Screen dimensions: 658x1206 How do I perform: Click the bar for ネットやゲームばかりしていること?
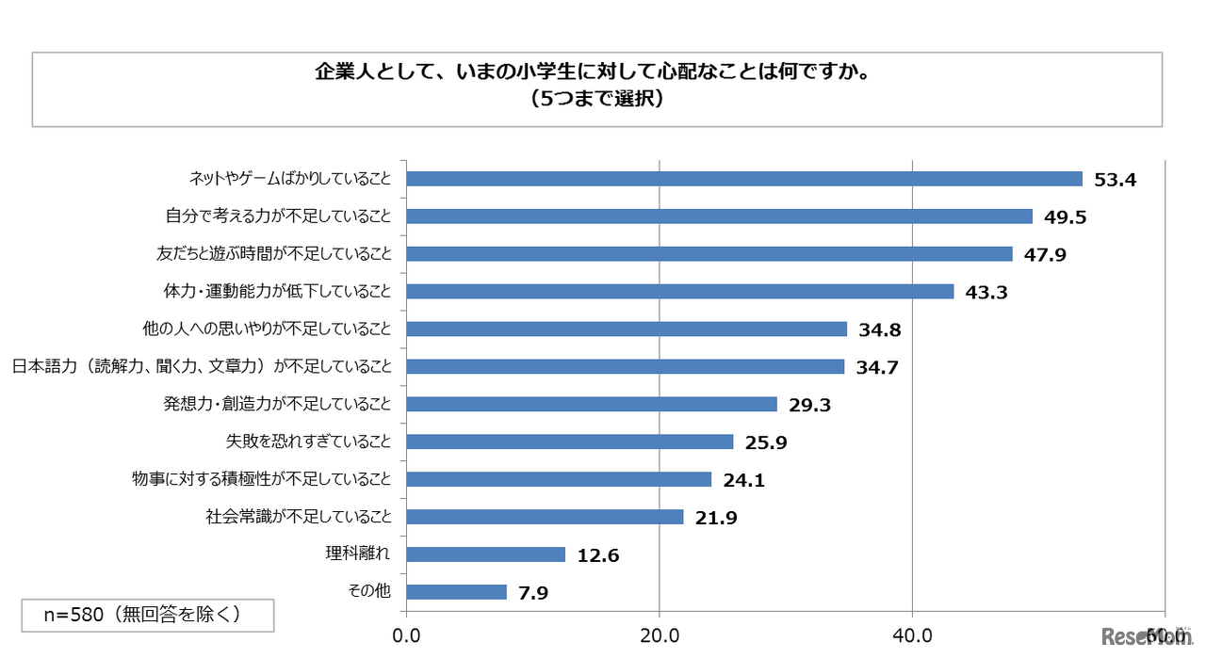tap(744, 179)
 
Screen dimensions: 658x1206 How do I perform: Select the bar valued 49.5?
tap(720, 217)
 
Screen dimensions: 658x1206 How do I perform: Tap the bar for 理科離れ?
tap(486, 554)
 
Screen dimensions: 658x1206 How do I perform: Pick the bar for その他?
tap(457, 592)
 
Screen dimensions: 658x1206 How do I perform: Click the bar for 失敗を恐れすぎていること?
tap(570, 441)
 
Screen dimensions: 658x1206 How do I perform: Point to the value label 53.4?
tap(1116, 180)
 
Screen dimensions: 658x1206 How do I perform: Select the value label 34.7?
tap(877, 367)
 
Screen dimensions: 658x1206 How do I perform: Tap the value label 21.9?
tap(716, 518)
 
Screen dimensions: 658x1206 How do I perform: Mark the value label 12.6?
tap(598, 555)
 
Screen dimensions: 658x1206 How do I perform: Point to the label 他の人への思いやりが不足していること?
tap(265, 329)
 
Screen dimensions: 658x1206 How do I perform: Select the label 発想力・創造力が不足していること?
tap(277, 404)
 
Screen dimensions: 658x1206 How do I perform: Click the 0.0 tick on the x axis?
tap(407, 636)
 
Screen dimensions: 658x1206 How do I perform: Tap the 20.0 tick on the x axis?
tap(660, 636)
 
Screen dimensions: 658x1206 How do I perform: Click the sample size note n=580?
tap(147, 615)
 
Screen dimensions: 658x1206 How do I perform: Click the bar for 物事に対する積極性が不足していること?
tap(559, 479)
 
